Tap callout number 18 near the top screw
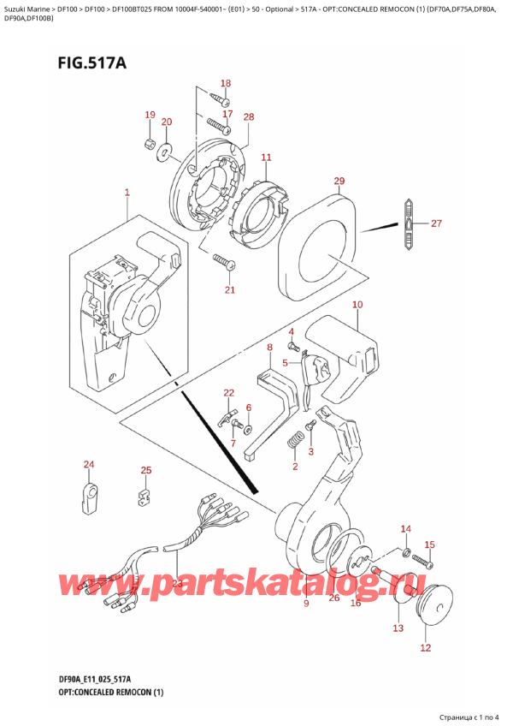point(225,83)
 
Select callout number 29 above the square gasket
point(339,181)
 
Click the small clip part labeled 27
point(409,223)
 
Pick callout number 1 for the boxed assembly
point(127,193)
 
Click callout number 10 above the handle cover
point(357,305)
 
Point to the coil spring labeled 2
point(295,442)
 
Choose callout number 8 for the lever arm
point(269,348)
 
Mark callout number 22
point(228,393)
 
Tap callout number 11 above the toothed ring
point(266,158)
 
